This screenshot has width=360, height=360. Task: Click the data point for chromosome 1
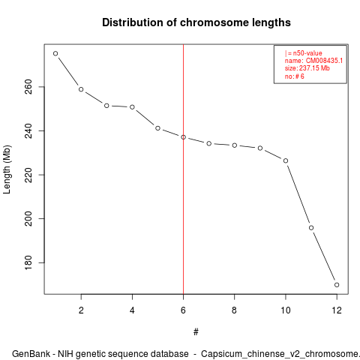pos(55,53)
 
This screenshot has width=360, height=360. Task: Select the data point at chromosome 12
pos(337,285)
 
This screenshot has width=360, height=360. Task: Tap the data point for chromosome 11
pos(311,228)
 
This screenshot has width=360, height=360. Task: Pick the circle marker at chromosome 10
pos(286,160)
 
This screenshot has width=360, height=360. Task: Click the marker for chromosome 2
pos(81,89)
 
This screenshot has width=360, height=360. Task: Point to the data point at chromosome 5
pos(157,128)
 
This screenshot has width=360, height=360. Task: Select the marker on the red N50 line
pos(183,137)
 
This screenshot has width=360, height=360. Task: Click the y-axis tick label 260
pos(28,87)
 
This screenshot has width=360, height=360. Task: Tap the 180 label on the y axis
pos(28,262)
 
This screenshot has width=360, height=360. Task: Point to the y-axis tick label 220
pos(28,175)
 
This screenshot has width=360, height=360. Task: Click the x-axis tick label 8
pos(234,310)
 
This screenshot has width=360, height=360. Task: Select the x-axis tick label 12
pos(337,310)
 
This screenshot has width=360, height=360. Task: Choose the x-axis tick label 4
pos(132,310)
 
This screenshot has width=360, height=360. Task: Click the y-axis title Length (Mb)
pos(7,169)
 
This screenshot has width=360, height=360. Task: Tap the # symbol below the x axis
pos(196,332)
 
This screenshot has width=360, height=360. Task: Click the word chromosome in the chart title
pos(214,22)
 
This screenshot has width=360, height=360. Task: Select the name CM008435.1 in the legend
pos(324,61)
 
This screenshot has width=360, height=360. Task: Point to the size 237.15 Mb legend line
pos(307,68)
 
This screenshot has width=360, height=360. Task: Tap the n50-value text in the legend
pos(307,53)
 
